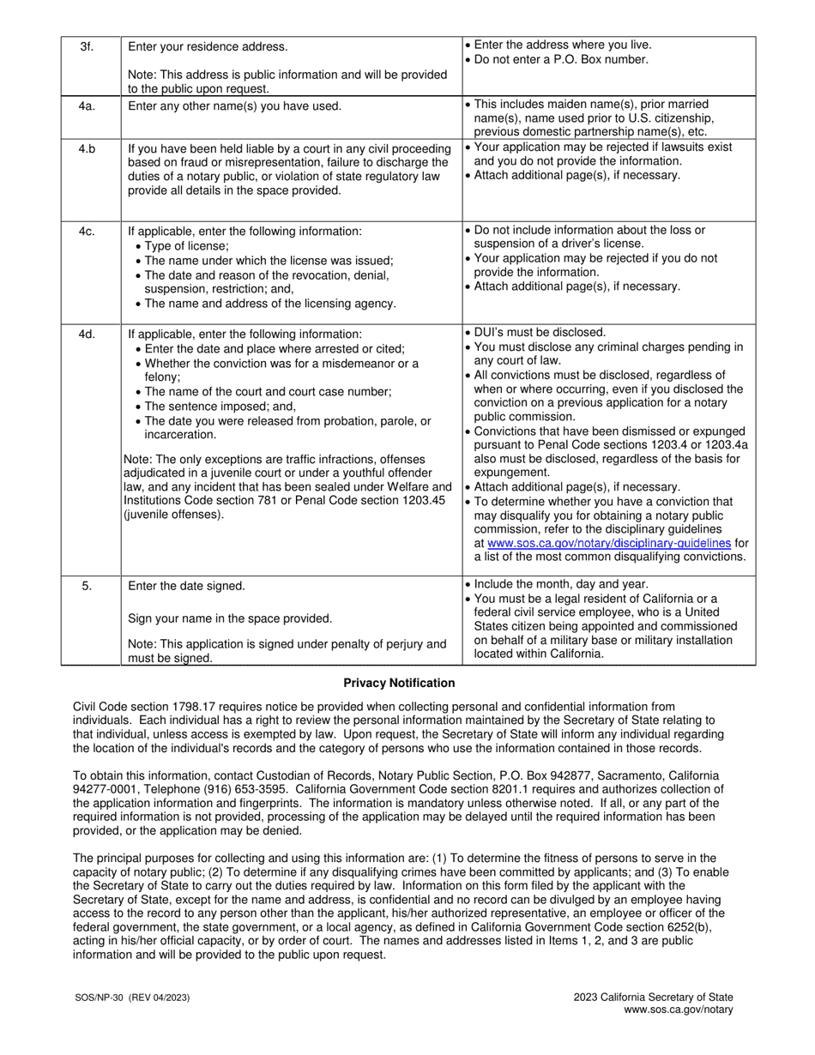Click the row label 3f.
(87, 46)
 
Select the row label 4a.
(87, 106)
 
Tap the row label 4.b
(87, 148)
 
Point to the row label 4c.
(87, 232)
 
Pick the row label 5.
(87, 586)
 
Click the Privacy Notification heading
(399, 683)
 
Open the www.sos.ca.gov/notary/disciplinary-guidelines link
(608, 543)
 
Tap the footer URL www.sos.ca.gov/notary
(678, 1010)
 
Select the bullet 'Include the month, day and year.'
(558, 584)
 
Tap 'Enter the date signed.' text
(186, 586)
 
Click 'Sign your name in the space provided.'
(229, 618)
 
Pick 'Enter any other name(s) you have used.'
(234, 106)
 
